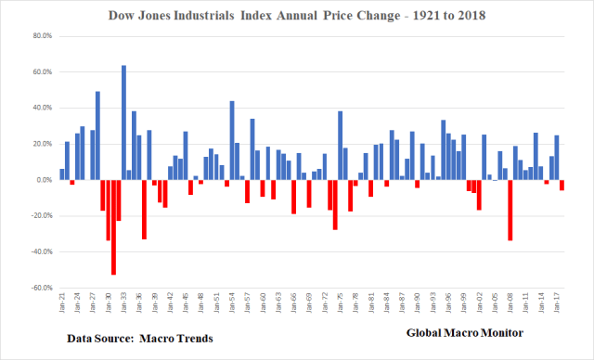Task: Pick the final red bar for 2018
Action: tap(562, 185)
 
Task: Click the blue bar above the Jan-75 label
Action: tap(341, 145)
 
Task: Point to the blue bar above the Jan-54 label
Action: tap(232, 140)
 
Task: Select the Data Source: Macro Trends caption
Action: tap(139, 340)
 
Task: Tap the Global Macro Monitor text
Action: tap(464, 332)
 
